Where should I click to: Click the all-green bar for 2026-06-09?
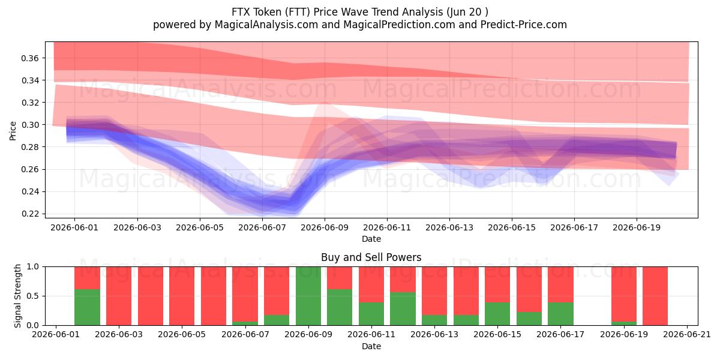(308, 296)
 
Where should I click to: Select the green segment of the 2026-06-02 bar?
(87, 307)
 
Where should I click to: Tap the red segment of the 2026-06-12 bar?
(403, 280)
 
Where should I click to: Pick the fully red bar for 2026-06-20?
(655, 296)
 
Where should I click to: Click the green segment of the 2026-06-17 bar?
(560, 314)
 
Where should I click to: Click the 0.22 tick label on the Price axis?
(30, 214)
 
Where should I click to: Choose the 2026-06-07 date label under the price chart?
(262, 227)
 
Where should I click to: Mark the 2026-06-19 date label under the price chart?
(637, 227)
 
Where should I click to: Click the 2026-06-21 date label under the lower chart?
(687, 334)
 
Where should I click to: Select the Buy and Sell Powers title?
(371, 257)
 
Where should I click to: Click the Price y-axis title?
(13, 131)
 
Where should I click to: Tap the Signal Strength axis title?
(17, 296)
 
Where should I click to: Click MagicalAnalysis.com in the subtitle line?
(266, 25)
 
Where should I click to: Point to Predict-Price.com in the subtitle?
(524, 25)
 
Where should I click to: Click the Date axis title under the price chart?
(371, 239)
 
